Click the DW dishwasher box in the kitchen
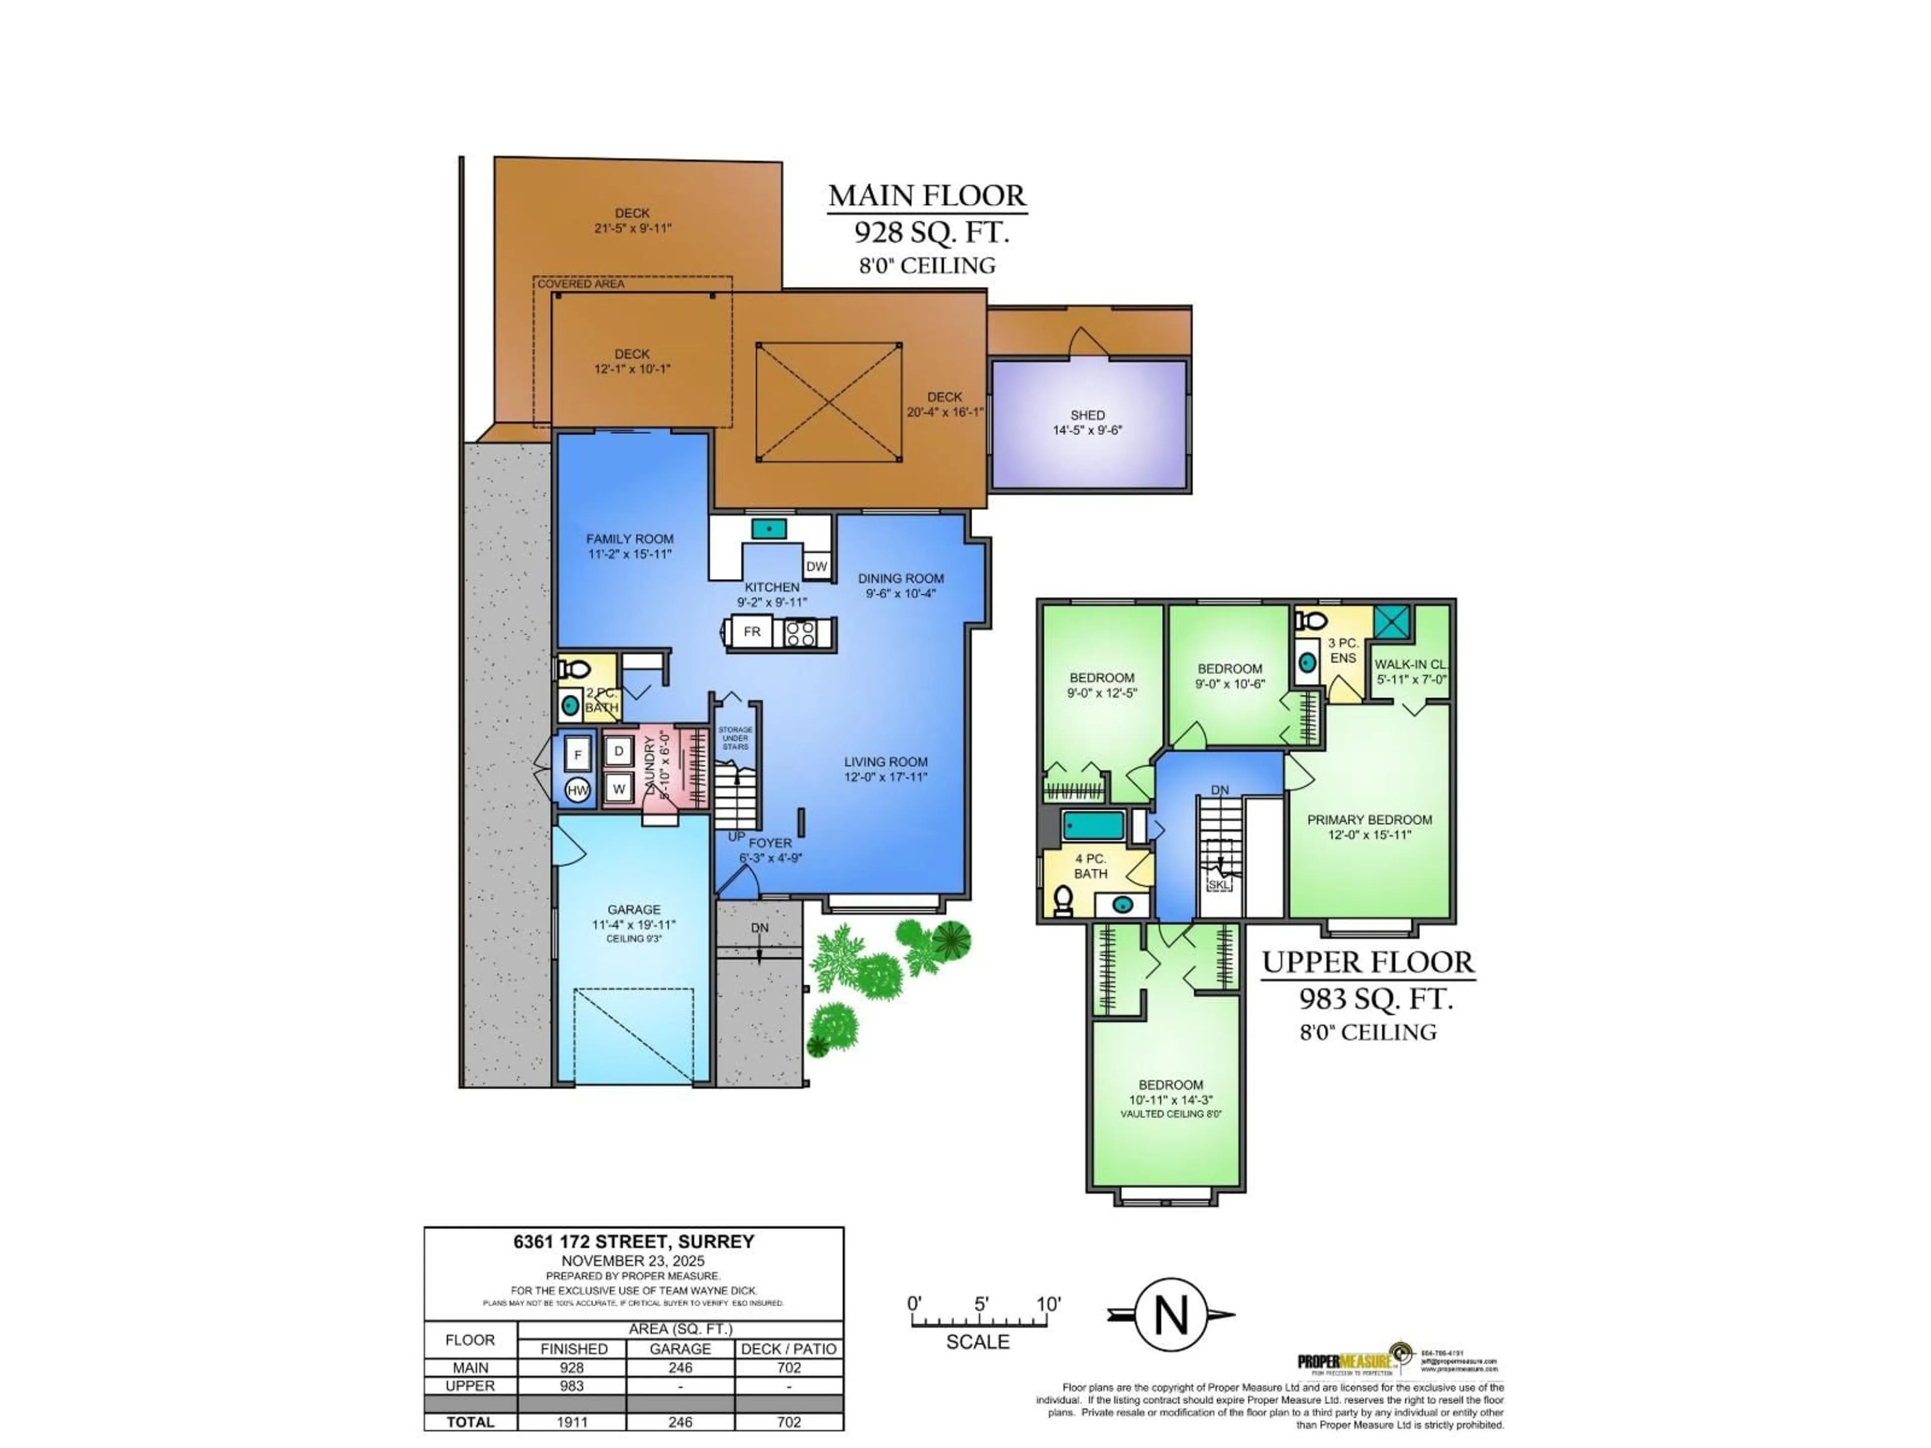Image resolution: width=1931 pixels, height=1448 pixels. (x=816, y=567)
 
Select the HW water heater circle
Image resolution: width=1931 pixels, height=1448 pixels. (x=578, y=790)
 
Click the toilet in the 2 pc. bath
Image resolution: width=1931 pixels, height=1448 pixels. (x=574, y=670)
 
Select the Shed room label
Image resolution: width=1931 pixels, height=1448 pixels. (x=1088, y=415)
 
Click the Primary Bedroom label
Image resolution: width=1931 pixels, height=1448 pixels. (x=1369, y=820)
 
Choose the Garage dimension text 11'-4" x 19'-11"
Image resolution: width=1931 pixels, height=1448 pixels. (x=634, y=925)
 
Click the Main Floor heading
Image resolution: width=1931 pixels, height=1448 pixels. (x=927, y=196)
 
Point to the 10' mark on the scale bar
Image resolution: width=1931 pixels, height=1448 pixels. (x=1047, y=1304)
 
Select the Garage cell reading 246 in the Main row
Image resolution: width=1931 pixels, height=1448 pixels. (x=680, y=1368)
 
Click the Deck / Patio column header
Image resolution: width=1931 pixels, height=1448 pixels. (x=788, y=1348)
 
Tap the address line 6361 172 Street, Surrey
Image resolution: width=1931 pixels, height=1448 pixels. (x=634, y=1241)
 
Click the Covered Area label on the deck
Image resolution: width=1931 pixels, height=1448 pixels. (x=580, y=284)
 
